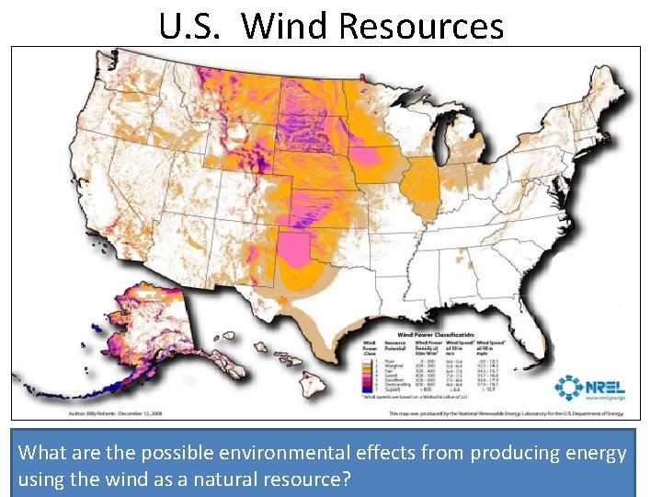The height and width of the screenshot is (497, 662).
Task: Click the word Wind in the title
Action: click(286, 25)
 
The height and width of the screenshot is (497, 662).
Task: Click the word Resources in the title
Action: click(421, 25)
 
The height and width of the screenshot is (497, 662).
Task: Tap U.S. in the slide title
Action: click(188, 25)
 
